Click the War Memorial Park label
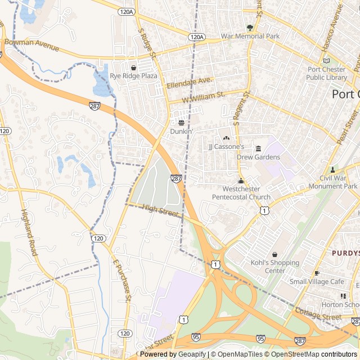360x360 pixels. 250,36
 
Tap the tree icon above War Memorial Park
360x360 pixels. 250,27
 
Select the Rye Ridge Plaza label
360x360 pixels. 133,75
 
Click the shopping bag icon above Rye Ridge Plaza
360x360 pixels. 133,67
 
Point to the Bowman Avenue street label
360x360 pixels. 31,45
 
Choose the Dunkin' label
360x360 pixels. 182,131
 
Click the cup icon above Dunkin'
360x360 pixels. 182,122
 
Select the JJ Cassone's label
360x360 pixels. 226,147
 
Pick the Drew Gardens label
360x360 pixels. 258,157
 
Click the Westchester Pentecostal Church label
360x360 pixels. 241,193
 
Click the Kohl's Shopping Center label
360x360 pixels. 274,267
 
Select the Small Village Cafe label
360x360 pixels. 317,281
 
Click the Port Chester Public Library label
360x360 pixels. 327,73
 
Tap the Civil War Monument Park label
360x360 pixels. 335,182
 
